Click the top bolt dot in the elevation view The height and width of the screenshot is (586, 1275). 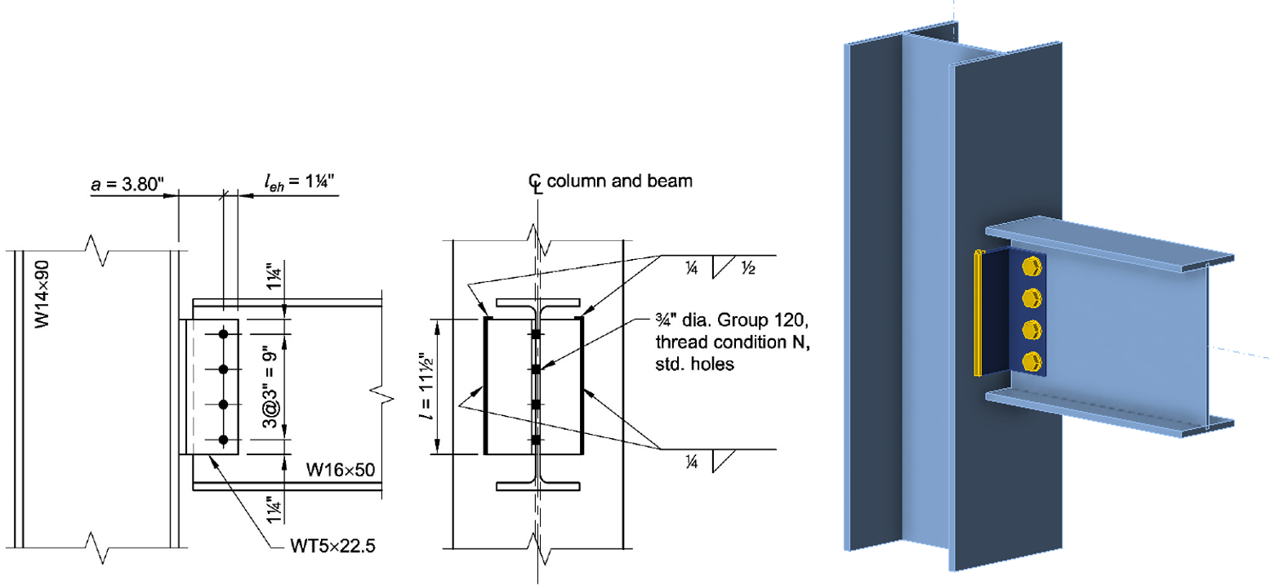[223, 334]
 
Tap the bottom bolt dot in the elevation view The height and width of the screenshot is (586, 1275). [223, 440]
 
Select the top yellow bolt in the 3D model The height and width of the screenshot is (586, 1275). [1032, 267]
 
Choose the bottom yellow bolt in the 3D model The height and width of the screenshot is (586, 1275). [1032, 360]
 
